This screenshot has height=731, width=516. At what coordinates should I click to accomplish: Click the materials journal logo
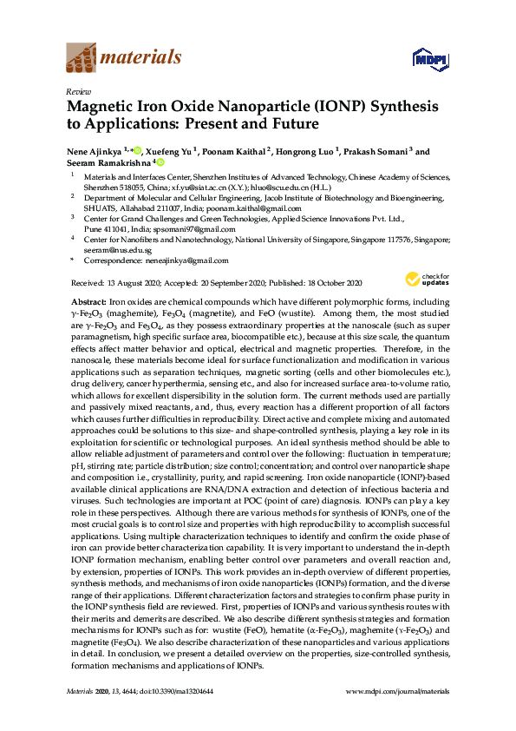click(x=123, y=59)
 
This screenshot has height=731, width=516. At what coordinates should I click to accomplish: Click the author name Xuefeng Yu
click(x=172, y=151)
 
